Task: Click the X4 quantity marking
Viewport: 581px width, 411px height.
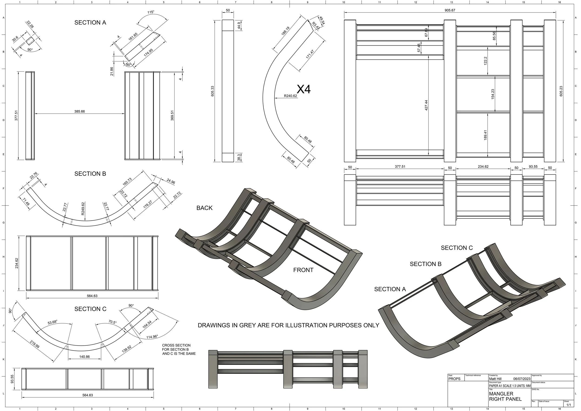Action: pyautogui.click(x=304, y=89)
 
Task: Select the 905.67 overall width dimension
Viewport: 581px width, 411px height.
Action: pyautogui.click(x=450, y=10)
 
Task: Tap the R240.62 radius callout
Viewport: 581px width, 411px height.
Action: pyautogui.click(x=290, y=96)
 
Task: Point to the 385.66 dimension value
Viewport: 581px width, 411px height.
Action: pyautogui.click(x=79, y=111)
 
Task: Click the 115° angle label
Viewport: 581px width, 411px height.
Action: pyautogui.click(x=151, y=12)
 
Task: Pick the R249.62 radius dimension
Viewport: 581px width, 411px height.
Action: pyautogui.click(x=83, y=209)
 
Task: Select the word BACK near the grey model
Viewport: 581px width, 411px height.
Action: pyautogui.click(x=205, y=208)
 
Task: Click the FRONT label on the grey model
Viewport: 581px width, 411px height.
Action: pyautogui.click(x=303, y=270)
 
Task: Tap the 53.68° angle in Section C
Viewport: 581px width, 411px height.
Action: pyautogui.click(x=52, y=322)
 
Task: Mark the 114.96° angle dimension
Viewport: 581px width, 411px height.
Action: pyautogui.click(x=152, y=337)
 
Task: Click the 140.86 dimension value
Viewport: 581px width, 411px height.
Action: pyautogui.click(x=85, y=357)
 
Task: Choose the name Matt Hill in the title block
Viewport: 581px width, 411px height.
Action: pyautogui.click(x=495, y=379)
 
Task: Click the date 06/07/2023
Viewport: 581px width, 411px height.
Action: pyautogui.click(x=522, y=379)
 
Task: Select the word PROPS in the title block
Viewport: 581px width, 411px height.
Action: pyautogui.click(x=455, y=379)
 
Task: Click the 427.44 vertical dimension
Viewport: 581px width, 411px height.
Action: pyautogui.click(x=426, y=105)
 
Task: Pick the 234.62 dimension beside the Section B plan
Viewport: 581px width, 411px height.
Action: pyautogui.click(x=17, y=263)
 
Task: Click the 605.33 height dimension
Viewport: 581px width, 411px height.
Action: pyautogui.click(x=212, y=91)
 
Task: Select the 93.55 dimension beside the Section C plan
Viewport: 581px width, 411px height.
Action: pyautogui.click(x=12, y=379)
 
